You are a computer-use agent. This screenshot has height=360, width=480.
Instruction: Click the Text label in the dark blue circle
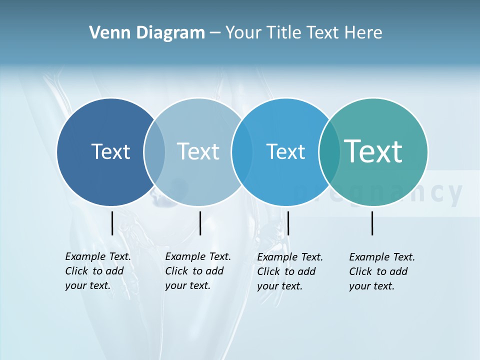110,151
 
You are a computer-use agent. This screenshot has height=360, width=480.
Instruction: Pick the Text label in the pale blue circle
198,151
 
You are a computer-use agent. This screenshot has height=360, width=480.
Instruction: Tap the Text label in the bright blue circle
285,151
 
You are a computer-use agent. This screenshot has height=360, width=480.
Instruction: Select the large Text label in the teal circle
373,151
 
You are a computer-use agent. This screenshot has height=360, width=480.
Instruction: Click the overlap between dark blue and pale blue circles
154,152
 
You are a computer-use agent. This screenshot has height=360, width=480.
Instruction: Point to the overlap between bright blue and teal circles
329,152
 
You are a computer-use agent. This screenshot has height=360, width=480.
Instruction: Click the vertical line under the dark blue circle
112,223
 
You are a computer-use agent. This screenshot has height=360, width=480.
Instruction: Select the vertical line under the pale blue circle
200,223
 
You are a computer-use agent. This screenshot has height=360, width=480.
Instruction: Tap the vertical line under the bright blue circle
288,223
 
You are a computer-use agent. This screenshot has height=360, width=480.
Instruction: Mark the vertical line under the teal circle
372,223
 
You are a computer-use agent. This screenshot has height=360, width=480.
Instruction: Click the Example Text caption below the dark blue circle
97,271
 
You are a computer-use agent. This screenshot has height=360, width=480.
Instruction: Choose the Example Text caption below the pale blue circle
197,271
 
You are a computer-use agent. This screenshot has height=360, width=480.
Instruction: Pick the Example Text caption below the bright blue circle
289,271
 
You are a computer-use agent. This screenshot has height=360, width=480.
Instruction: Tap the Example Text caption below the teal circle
381,271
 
